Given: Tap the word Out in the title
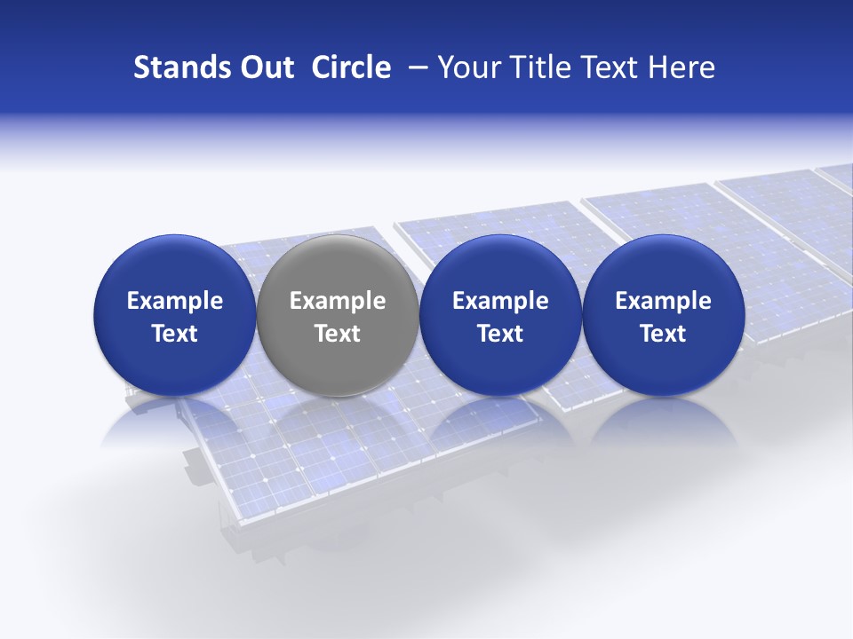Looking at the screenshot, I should [x=265, y=67].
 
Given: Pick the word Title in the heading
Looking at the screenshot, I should [x=539, y=67].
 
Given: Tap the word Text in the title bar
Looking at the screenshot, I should [x=610, y=67].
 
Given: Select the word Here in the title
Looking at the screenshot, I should [x=682, y=67].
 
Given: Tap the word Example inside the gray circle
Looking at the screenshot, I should [x=338, y=301].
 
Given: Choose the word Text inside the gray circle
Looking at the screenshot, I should [x=338, y=334].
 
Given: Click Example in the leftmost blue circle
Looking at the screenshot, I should [x=174, y=301].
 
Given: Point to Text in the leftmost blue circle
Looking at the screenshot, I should [x=174, y=334].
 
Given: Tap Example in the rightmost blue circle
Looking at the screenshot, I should [x=663, y=301].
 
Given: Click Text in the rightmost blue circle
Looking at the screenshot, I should [x=663, y=334].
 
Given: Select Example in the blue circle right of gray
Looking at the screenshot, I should [x=500, y=301].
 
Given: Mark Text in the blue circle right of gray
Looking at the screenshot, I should [x=500, y=334].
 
